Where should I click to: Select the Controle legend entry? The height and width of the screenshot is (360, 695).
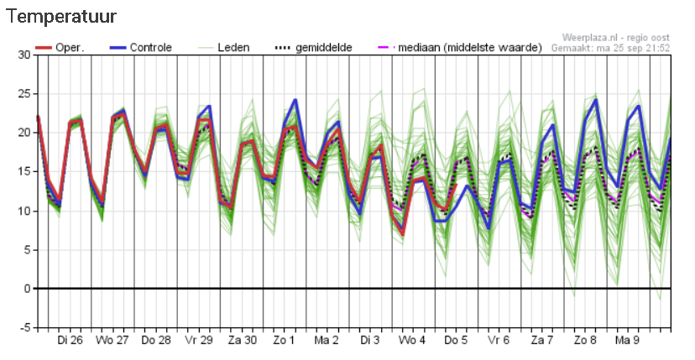pyautogui.click(x=150, y=48)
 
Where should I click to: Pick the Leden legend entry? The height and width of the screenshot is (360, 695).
pyautogui.click(x=233, y=48)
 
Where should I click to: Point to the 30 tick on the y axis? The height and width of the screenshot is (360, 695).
pyautogui.click(x=24, y=55)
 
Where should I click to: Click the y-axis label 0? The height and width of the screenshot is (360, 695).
pyautogui.click(x=27, y=289)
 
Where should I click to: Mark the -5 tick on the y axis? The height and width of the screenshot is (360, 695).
pyautogui.click(x=24, y=327)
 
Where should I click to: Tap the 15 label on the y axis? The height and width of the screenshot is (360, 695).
pyautogui.click(x=24, y=171)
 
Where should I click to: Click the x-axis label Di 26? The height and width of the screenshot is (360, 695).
pyautogui.click(x=70, y=342)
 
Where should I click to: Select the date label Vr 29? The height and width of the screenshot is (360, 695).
pyautogui.click(x=196, y=342)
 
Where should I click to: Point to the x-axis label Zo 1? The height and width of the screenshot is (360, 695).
pyautogui.click(x=282, y=342)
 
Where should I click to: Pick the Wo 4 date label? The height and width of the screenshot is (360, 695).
pyautogui.click(x=411, y=342)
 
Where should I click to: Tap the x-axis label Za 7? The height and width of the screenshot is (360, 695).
pyautogui.click(x=541, y=342)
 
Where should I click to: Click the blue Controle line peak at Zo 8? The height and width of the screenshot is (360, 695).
pyautogui.click(x=595, y=100)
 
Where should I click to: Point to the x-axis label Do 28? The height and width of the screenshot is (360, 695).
pyautogui.click(x=156, y=342)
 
